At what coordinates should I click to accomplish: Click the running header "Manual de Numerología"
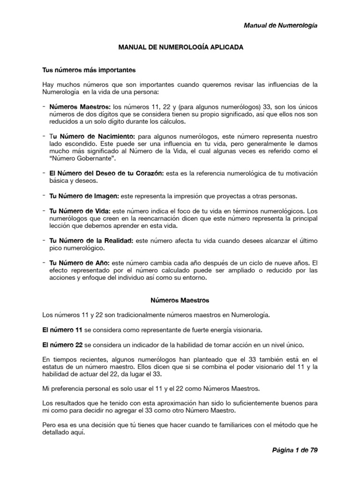point(281,25)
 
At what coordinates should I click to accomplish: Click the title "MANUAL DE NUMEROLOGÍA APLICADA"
point(180,48)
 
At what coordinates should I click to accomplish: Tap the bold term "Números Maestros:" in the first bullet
point(80,106)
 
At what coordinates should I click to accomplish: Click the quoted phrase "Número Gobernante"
point(75,159)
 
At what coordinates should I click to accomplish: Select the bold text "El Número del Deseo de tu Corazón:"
point(106,173)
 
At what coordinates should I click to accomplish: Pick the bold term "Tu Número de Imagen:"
point(84,195)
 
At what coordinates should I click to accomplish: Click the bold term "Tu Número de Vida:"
point(80,210)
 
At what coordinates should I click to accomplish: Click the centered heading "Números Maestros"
point(180,300)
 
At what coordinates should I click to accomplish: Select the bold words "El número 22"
point(62,345)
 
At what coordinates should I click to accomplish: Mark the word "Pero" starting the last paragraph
point(48,425)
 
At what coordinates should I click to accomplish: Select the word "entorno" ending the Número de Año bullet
point(193,278)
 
